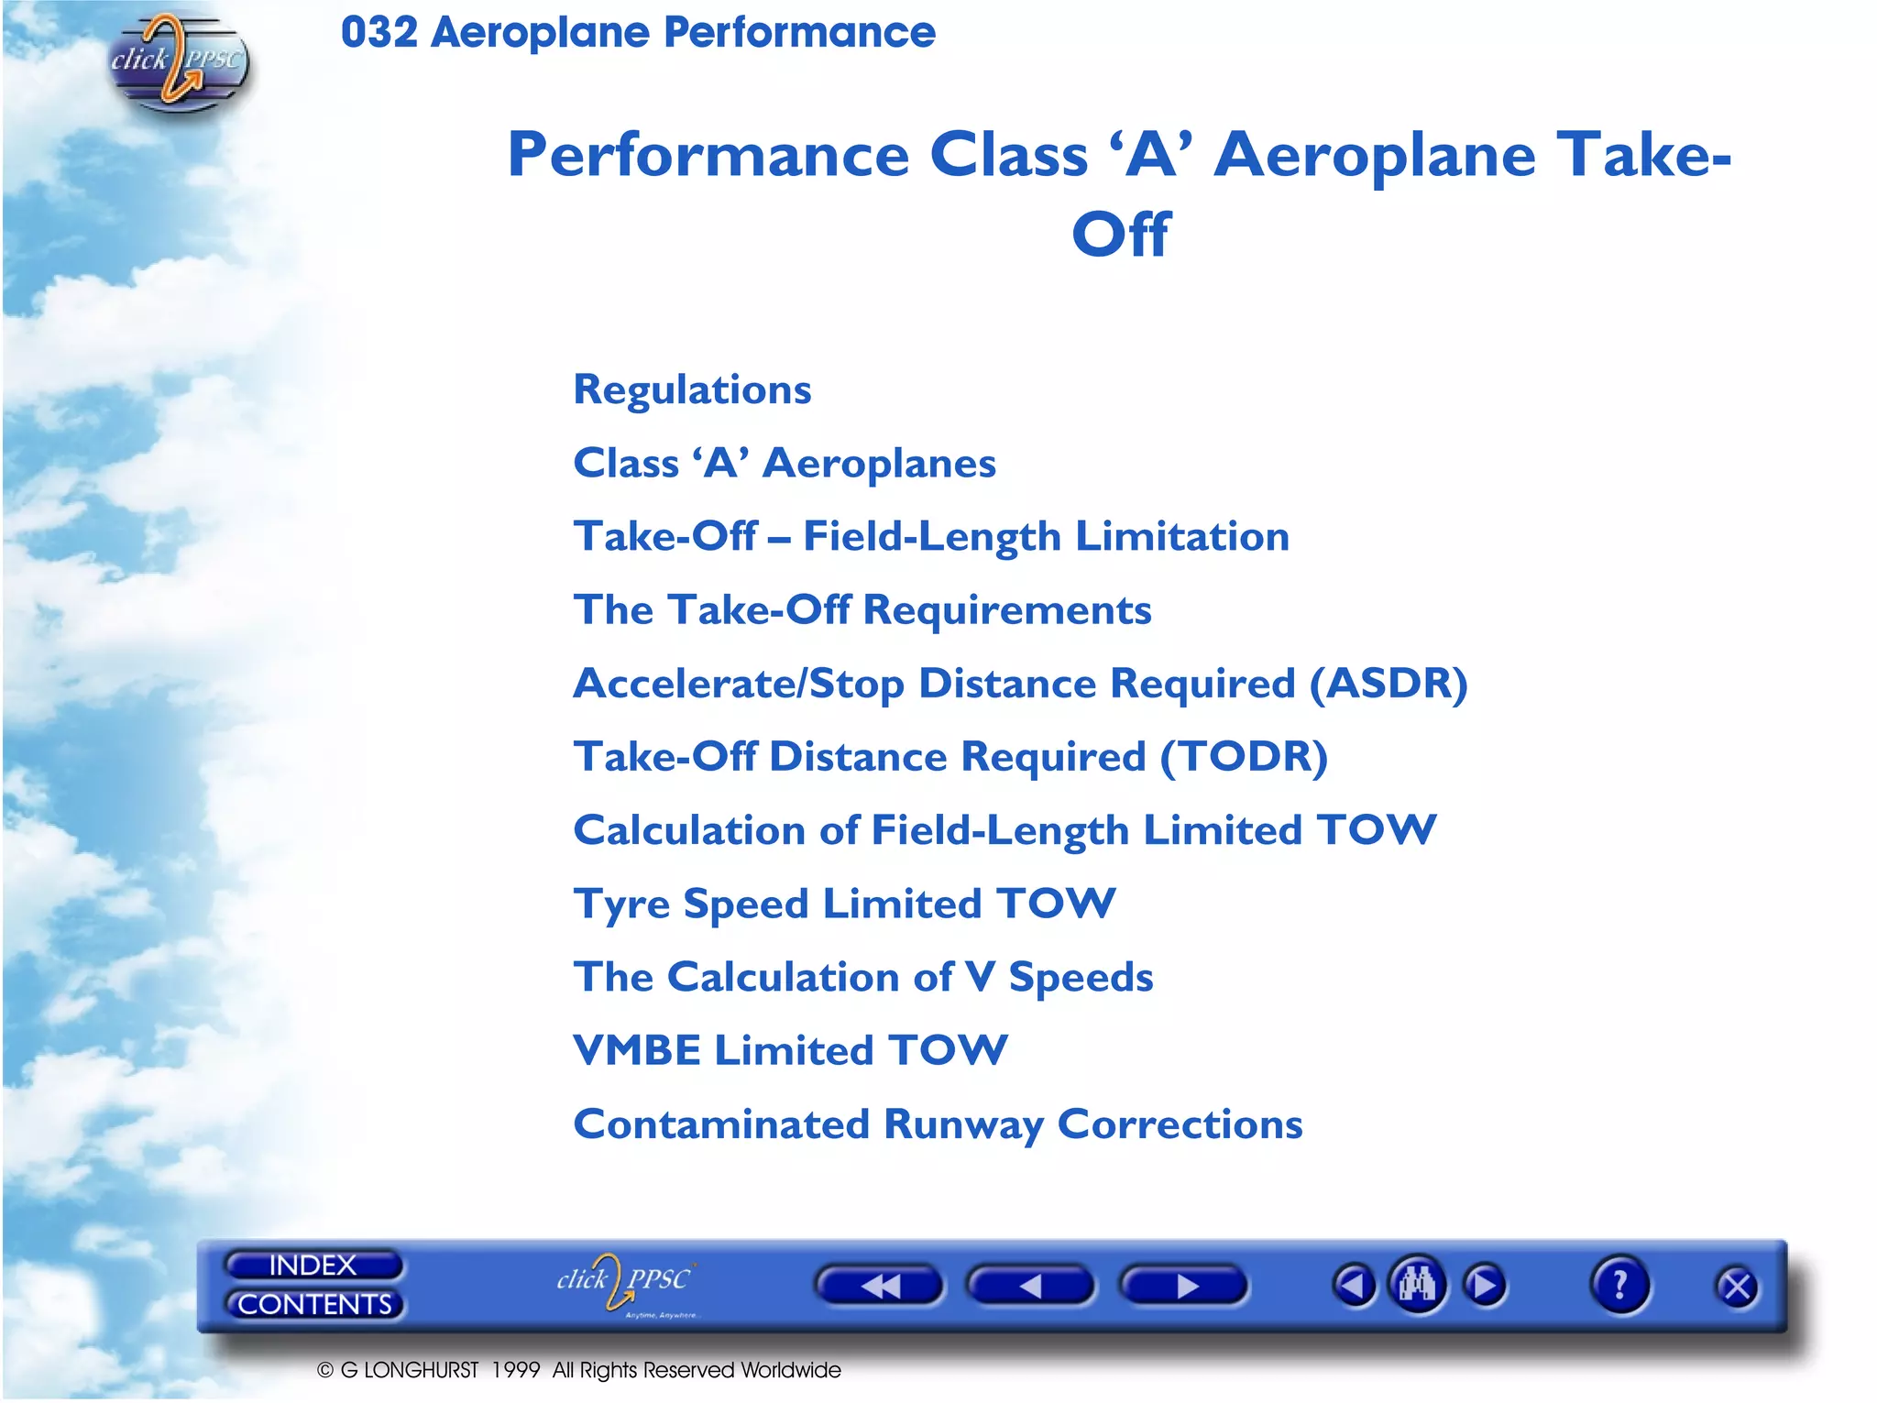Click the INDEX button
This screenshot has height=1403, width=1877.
(313, 1266)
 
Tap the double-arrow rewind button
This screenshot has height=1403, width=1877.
(879, 1286)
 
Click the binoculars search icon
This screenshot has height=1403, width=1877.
(1417, 1284)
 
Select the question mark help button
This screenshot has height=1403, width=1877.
(1620, 1285)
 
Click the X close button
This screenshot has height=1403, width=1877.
(1736, 1288)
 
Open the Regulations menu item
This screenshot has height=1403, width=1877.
(692, 390)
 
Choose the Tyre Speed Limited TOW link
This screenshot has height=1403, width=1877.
(844, 904)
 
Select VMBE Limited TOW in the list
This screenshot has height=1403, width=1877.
(790, 1051)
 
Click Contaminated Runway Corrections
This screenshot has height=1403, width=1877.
(938, 1124)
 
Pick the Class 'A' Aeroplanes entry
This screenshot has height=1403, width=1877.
(785, 464)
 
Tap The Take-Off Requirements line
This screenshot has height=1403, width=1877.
(862, 610)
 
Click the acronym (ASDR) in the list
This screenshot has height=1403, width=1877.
(1388, 684)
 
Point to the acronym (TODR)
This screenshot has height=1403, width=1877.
(1244, 758)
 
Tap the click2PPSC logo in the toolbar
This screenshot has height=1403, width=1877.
(625, 1282)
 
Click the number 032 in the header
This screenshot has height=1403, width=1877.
(379, 33)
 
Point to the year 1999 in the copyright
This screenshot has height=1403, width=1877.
(515, 1370)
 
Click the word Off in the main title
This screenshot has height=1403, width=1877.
(1120, 235)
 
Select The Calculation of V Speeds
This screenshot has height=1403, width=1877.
(862, 978)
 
